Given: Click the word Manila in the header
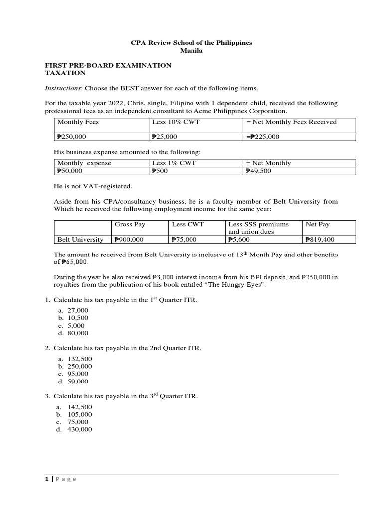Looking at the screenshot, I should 191,51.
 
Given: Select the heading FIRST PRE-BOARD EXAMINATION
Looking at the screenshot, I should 108,65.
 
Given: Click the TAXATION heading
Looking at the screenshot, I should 65,73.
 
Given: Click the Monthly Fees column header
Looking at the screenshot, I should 78,122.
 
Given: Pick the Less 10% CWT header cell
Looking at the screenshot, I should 176,122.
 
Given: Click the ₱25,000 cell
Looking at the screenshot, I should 164,137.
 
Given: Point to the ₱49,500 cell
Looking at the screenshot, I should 258,171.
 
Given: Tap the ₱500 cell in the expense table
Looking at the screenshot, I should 159,171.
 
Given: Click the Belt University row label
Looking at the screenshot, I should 80,240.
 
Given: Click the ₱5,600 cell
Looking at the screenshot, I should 239,240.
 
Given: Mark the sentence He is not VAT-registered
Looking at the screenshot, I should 93,186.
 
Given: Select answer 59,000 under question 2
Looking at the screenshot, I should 78,382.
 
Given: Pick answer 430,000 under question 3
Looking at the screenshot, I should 80,429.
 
